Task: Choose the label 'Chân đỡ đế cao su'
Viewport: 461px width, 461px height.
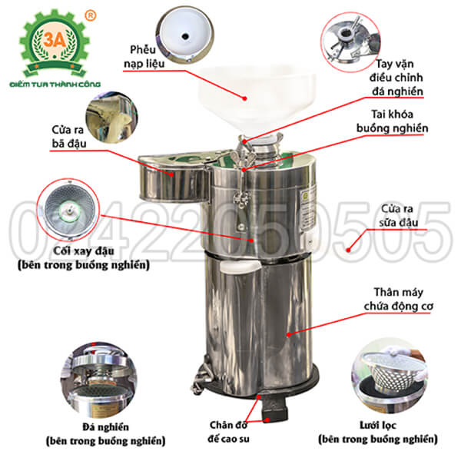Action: coord(231,430)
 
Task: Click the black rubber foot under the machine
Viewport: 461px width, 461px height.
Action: coord(268,408)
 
